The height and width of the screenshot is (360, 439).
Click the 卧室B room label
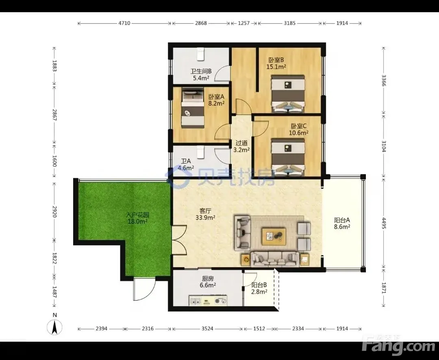(276, 60)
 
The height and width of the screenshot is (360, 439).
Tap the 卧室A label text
(216, 97)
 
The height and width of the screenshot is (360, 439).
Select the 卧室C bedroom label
(299, 126)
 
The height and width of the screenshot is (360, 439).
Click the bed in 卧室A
(193, 108)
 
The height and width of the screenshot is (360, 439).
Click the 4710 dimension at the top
(124, 23)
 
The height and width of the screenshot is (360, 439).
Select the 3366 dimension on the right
(384, 81)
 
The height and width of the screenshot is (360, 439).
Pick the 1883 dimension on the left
(54, 66)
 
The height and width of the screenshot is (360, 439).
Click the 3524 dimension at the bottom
(207, 329)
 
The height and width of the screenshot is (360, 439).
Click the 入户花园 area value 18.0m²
(137, 222)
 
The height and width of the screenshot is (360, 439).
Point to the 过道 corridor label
(241, 143)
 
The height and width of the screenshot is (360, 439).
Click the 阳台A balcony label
(342, 220)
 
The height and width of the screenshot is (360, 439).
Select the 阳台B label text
(259, 285)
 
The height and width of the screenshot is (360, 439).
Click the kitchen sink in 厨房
(196, 301)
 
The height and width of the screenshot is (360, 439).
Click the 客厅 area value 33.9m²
(205, 217)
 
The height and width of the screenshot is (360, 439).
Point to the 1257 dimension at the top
(243, 23)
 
